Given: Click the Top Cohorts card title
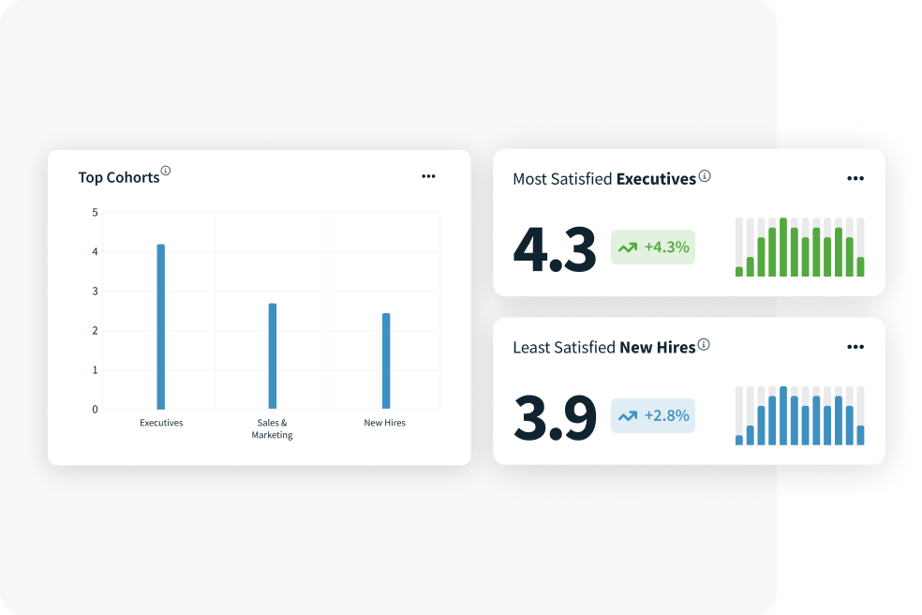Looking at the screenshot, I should [x=119, y=177].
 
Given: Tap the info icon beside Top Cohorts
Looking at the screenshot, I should [x=166, y=171].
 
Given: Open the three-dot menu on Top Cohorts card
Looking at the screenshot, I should [x=428, y=176].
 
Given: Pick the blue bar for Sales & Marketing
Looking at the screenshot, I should [x=273, y=355].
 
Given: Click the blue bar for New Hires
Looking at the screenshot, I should [x=385, y=361].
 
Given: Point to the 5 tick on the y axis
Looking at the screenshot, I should [x=94, y=213].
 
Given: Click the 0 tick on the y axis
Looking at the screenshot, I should [x=94, y=410].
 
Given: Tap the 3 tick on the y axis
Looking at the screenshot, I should [x=94, y=292].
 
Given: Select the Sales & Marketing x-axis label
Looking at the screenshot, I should [x=272, y=428].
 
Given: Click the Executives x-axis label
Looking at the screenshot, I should [x=161, y=423].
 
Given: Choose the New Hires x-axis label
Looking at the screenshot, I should [x=384, y=423].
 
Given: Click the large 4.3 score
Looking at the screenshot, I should [x=555, y=250].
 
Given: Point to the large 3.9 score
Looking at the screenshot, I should [x=555, y=418].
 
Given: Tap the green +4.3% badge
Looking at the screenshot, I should [x=653, y=247].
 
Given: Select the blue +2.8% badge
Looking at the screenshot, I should [x=653, y=415].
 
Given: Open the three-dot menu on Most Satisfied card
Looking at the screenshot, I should [x=855, y=178].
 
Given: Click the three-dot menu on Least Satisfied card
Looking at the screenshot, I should [x=855, y=347].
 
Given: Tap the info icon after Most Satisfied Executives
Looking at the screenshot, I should [x=705, y=176].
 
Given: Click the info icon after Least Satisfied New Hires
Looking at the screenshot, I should [x=704, y=345].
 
